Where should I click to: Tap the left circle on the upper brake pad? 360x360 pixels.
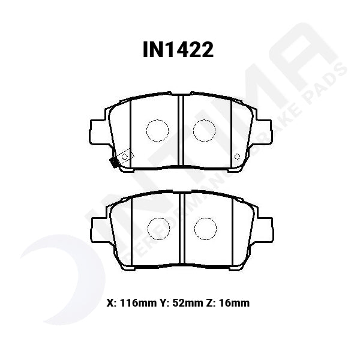(x=157, y=130)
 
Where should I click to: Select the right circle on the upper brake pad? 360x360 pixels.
(x=204, y=130)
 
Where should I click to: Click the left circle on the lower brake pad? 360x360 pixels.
(x=157, y=226)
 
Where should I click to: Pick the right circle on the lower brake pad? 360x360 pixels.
(x=204, y=226)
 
